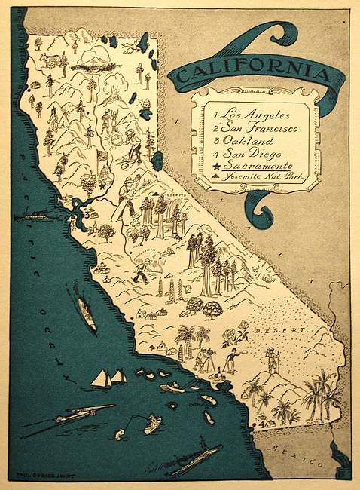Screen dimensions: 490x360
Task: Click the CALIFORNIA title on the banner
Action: pos(251,73)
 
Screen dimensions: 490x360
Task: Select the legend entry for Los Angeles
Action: pos(246,115)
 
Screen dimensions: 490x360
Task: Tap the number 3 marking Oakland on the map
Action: pos(85,213)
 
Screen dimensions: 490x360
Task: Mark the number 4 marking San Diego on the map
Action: pos(255,419)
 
